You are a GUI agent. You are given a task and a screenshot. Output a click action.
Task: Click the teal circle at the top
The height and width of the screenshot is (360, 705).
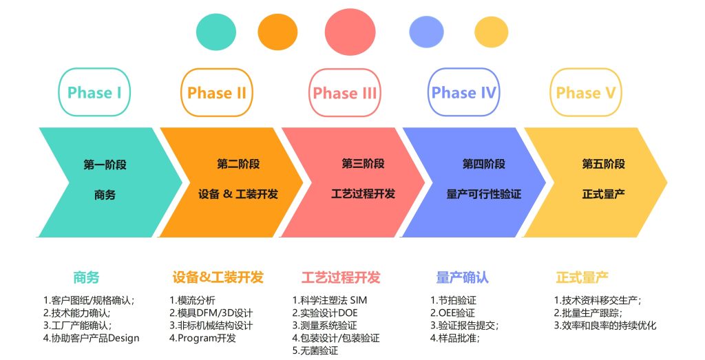[215, 32]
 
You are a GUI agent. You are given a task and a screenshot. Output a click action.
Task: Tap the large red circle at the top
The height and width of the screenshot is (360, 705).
[350, 32]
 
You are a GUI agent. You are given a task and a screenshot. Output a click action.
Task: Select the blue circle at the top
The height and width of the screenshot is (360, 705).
[426, 32]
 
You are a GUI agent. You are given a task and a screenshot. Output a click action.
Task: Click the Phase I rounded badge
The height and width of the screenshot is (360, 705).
[94, 92]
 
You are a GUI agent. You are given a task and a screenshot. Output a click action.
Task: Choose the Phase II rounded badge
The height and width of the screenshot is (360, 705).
[217, 93]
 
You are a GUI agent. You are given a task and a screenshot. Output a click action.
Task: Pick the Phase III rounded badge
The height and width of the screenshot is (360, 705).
[345, 93]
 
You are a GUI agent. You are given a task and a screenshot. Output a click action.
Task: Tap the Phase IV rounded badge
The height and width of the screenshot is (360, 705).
[463, 93]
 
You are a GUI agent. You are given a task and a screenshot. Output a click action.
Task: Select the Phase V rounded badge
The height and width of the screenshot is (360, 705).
[586, 93]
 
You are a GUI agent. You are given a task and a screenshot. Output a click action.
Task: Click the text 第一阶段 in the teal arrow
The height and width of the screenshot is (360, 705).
[105, 165]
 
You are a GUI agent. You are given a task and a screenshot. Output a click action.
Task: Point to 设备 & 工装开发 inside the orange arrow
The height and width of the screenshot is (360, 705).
[238, 194]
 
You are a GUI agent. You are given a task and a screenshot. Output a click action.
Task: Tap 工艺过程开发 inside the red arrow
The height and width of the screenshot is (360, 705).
[364, 194]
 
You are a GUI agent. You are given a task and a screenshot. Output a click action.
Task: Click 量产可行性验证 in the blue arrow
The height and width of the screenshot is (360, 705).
[484, 194]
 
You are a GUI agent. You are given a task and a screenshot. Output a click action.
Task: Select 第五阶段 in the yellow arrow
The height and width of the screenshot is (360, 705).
[603, 164]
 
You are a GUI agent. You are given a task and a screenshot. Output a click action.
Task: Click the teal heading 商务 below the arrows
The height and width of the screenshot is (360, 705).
[86, 277]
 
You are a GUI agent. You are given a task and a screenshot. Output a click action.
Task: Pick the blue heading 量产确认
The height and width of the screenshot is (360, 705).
[462, 277]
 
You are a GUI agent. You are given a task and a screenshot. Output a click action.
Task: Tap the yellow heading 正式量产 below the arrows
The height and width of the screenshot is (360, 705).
[582, 277]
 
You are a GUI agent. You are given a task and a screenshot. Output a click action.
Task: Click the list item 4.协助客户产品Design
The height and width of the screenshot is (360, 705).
[92, 338]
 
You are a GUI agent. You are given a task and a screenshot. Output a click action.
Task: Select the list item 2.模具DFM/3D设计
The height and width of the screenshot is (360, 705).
[211, 313]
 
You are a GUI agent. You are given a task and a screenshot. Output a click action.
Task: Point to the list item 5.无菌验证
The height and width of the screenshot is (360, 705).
[315, 350]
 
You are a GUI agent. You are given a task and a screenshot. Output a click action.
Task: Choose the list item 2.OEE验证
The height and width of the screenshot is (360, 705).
[452, 313]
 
